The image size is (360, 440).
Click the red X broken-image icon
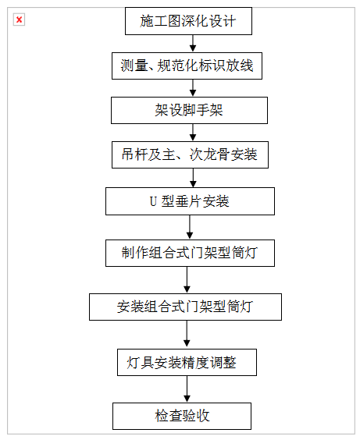click(19, 20)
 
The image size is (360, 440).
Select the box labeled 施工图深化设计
click(188, 21)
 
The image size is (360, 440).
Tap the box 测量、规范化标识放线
click(187, 66)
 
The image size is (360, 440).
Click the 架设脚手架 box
click(189, 110)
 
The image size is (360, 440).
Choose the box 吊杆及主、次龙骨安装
click(190, 155)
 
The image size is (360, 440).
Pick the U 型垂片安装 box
click(190, 201)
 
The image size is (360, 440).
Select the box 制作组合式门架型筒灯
click(190, 253)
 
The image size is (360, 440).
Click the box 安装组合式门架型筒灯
click(185, 307)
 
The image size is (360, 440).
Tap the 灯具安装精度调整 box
click(187, 363)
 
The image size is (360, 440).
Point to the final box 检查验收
click(182, 416)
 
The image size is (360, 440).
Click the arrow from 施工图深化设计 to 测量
click(193, 44)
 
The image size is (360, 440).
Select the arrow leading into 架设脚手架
click(193, 88)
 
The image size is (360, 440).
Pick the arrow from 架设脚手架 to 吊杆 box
click(193, 133)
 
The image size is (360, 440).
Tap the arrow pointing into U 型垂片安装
click(193, 178)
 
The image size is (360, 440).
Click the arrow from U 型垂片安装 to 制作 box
click(190, 227)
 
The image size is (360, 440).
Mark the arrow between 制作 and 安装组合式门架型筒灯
click(187, 280)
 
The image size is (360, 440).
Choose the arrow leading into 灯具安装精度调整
click(187, 335)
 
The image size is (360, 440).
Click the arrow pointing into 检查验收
click(187, 389)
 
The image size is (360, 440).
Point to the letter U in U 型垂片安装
click(153, 201)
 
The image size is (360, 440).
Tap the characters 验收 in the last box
click(196, 416)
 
